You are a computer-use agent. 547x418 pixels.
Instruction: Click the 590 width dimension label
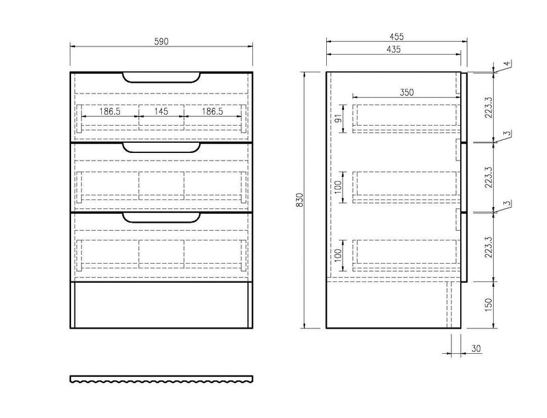coord(161,42)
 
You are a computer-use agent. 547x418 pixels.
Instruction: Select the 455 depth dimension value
coord(397,36)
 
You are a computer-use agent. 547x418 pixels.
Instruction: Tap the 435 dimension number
coord(394,49)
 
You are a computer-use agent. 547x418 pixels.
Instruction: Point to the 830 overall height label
coord(299,200)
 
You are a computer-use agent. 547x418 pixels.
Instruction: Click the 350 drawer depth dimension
coord(407,92)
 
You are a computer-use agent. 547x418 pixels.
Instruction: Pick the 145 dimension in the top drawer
coord(161,111)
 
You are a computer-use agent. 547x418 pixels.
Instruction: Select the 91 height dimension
coord(338,118)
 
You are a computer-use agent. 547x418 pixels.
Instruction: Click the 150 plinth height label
coord(488,305)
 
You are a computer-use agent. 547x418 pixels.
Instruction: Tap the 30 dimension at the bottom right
coord(476,348)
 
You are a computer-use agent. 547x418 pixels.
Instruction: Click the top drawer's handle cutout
coord(161,78)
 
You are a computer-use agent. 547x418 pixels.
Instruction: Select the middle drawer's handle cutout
coord(161,148)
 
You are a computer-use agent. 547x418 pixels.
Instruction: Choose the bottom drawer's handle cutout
coord(161,218)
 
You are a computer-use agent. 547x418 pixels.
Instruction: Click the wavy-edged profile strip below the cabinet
coord(161,379)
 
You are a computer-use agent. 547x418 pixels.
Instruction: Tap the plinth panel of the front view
coord(161,305)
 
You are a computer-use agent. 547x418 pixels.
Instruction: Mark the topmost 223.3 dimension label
coord(488,107)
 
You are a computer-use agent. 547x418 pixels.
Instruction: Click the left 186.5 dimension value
coord(110,111)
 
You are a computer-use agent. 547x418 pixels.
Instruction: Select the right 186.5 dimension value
coord(213,111)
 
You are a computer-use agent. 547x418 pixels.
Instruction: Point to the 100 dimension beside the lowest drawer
coord(338,255)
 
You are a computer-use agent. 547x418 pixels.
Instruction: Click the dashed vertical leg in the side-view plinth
coord(449,305)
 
